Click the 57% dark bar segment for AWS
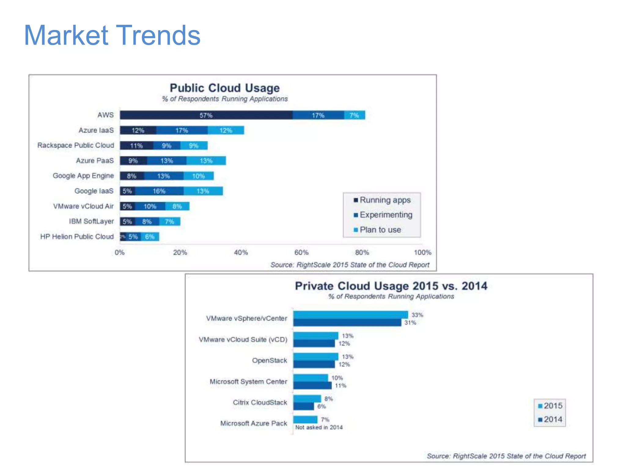(206, 115)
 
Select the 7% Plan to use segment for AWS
(354, 115)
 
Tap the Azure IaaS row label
(96, 130)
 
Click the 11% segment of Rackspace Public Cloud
(136, 146)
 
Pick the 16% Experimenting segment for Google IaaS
(159, 191)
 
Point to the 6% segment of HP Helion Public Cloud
(150, 237)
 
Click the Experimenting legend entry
(386, 215)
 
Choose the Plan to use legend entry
(380, 230)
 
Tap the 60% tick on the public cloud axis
(301, 252)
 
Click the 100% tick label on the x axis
(422, 252)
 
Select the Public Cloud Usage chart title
(225, 88)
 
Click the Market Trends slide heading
(112, 35)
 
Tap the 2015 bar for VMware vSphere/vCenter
(350, 315)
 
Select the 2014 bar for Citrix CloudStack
(304, 406)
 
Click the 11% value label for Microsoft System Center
(340, 386)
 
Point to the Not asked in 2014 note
(319, 427)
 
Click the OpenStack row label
(269, 360)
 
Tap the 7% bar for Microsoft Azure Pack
(305, 420)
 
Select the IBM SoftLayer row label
(91, 221)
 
